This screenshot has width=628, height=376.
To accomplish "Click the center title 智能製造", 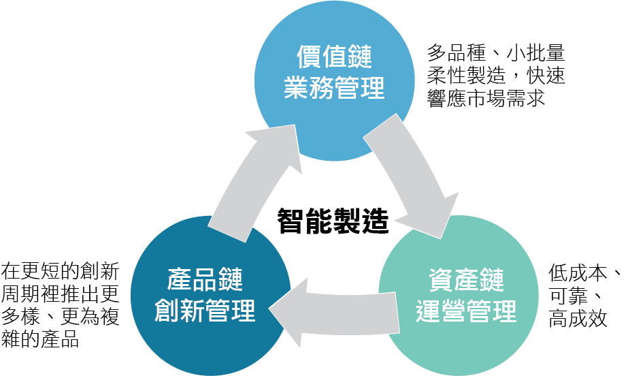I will pyautogui.click(x=333, y=221).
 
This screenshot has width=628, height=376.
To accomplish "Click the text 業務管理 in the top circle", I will pyautogui.click(x=334, y=87).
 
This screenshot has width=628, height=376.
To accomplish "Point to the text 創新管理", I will pyautogui.click(x=205, y=310).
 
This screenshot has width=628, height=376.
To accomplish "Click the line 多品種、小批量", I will pyautogui.click(x=495, y=52).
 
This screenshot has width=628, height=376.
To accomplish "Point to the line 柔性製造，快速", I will pyautogui.click(x=495, y=75).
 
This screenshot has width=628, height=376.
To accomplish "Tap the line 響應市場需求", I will pyautogui.click(x=486, y=97).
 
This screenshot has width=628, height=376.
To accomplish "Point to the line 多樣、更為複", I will pyautogui.click(x=61, y=317).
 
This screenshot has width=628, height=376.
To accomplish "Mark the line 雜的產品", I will pyautogui.click(x=41, y=339).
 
